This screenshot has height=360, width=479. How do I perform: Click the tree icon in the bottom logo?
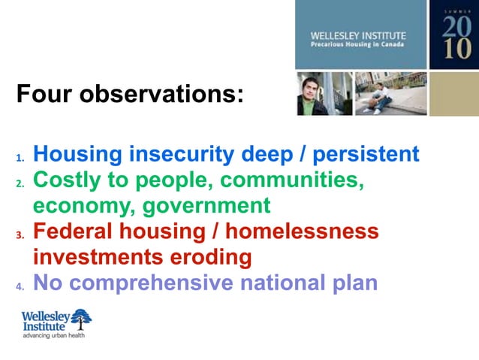point(80,318)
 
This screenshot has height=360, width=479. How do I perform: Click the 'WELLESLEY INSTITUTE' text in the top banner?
point(358,35)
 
